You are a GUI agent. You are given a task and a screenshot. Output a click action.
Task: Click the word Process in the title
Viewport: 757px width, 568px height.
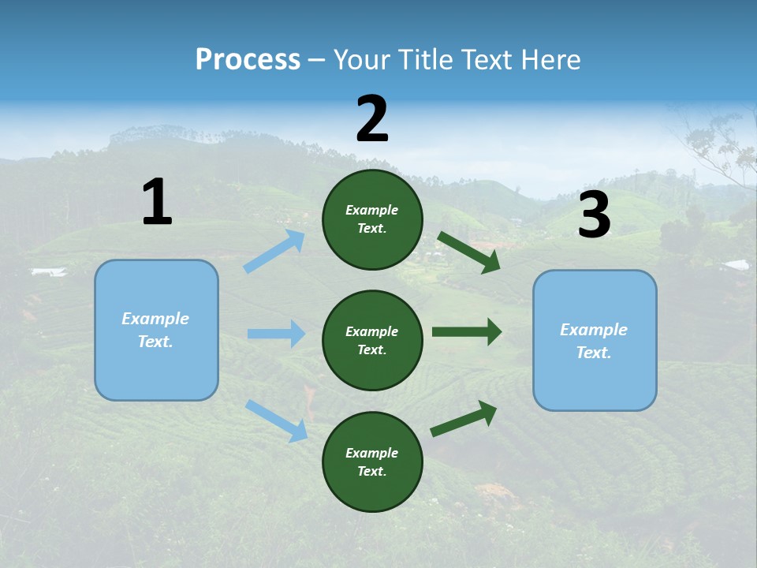pos(248,59)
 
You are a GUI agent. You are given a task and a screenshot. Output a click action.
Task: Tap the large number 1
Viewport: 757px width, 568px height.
pos(157,202)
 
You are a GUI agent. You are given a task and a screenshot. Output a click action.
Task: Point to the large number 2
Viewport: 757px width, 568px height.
pos(372,119)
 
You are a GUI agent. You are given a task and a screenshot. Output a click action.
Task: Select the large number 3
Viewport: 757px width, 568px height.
pos(594,215)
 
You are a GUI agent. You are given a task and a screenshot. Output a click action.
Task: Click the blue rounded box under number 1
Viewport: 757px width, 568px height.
pos(156,330)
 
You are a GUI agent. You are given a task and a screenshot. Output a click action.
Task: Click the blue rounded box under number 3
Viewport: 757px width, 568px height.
pos(595,340)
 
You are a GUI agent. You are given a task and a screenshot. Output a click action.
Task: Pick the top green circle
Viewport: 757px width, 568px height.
pos(372,219)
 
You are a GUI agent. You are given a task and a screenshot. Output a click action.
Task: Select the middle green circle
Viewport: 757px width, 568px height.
pos(372,340)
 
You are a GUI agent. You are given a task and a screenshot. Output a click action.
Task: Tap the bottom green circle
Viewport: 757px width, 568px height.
pos(372,461)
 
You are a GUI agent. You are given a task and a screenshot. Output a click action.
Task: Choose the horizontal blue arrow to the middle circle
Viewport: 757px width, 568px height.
pos(276,334)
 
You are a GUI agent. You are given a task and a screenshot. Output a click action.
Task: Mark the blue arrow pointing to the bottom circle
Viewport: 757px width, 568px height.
pos(276,420)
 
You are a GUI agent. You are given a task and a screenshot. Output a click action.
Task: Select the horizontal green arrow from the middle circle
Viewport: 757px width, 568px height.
pos(467,332)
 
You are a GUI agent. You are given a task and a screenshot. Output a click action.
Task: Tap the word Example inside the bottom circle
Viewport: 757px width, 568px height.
pos(371,453)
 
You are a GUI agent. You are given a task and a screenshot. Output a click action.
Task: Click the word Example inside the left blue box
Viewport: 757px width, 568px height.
pos(155,319)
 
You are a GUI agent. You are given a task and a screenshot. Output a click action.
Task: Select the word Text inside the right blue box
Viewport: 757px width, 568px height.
pos(592,353)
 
